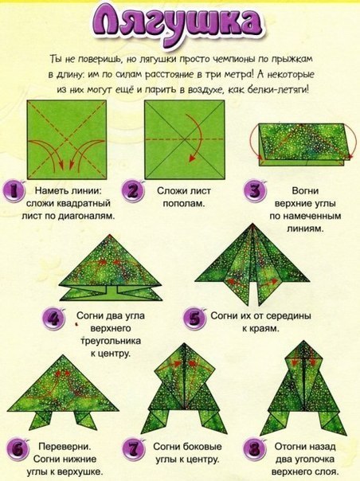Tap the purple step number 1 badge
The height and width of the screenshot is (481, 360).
(14, 192)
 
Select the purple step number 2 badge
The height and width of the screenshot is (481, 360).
(132, 192)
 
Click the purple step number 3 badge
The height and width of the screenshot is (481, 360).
(253, 192)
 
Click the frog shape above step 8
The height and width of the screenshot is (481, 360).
(304, 385)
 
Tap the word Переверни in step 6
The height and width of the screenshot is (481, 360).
(62, 447)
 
